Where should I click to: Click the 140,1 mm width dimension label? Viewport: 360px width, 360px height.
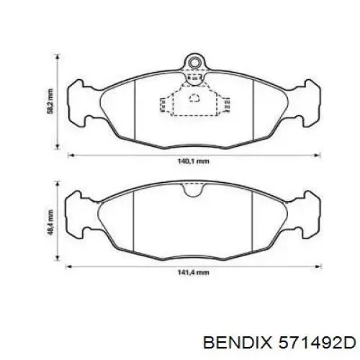click(193, 161)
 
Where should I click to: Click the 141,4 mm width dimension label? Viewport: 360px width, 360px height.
click(193, 272)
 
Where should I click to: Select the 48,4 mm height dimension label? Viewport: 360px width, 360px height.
click(50, 222)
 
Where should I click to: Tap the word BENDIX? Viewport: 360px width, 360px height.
click(238, 342)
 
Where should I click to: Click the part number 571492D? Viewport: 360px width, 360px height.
click(317, 342)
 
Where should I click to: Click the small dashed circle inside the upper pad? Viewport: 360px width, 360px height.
click(194, 98)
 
